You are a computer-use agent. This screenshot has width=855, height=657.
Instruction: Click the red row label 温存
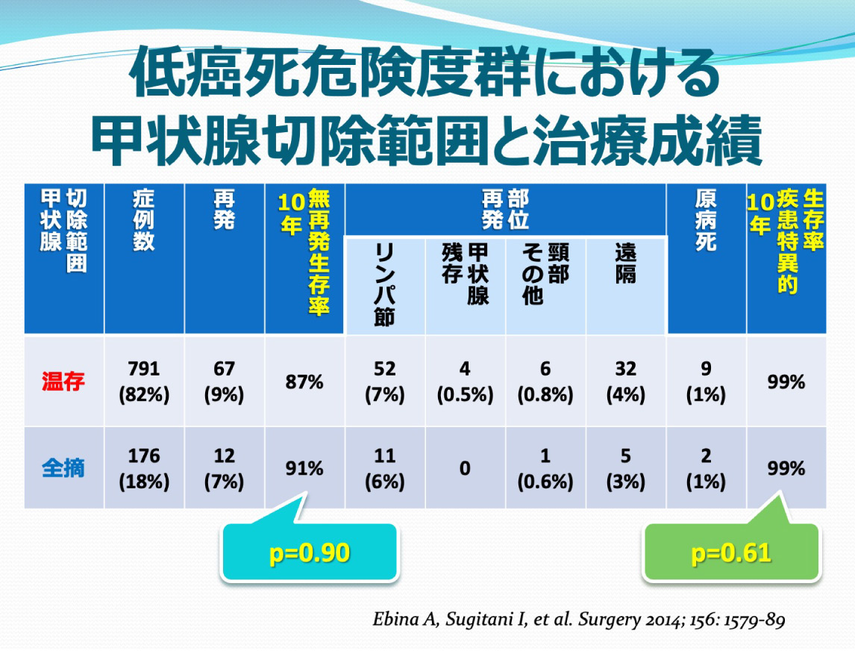(x=63, y=382)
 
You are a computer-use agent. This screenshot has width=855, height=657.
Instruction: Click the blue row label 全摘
(x=63, y=469)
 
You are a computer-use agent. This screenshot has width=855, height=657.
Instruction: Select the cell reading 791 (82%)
(x=144, y=382)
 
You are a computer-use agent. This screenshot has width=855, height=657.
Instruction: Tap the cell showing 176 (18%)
(x=144, y=469)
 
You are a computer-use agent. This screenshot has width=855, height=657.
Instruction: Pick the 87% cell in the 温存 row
(x=304, y=382)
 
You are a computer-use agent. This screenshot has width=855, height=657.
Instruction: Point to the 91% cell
(x=304, y=469)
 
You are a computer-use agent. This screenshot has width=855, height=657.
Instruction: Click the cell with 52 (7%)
(x=385, y=382)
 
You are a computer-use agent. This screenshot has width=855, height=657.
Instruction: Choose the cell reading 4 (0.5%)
(x=465, y=382)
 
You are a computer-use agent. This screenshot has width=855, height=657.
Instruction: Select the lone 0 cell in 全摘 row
(x=465, y=469)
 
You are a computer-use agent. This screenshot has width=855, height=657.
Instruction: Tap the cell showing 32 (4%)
(x=625, y=382)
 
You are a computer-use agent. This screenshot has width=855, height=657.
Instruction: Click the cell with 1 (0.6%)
(x=545, y=469)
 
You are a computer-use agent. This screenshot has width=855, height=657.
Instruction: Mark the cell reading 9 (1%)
(x=706, y=382)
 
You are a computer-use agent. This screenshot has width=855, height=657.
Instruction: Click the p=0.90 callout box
(x=309, y=552)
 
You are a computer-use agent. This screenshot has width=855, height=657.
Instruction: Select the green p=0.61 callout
(x=731, y=553)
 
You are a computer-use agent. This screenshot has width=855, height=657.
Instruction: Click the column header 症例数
(x=144, y=219)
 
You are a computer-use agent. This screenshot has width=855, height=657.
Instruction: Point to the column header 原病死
(x=706, y=219)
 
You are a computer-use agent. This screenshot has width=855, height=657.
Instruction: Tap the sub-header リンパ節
(x=385, y=284)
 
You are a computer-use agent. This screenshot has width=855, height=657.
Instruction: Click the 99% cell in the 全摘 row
(x=786, y=469)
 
